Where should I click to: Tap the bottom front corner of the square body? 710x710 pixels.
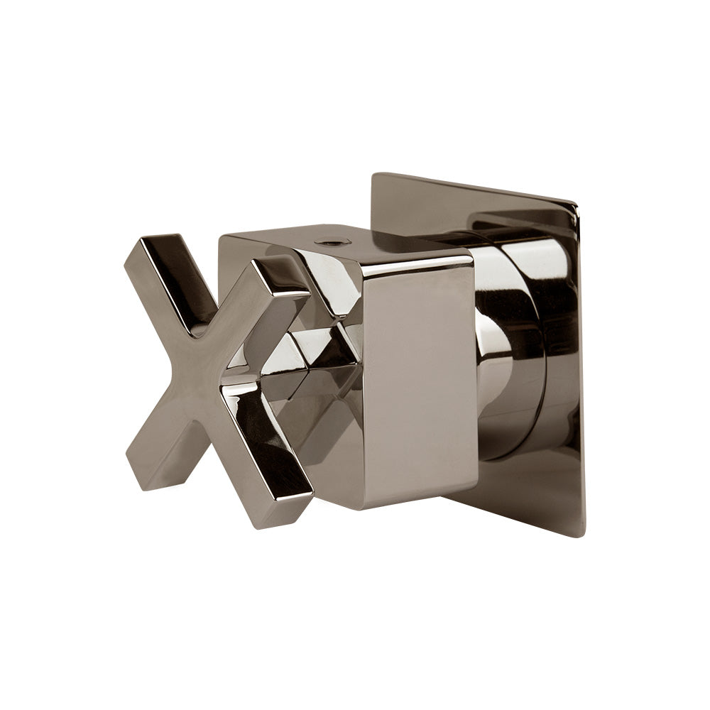(x=362, y=507)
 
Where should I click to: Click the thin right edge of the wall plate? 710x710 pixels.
(x=581, y=369)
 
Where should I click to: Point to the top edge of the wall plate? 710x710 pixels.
(x=476, y=187)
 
